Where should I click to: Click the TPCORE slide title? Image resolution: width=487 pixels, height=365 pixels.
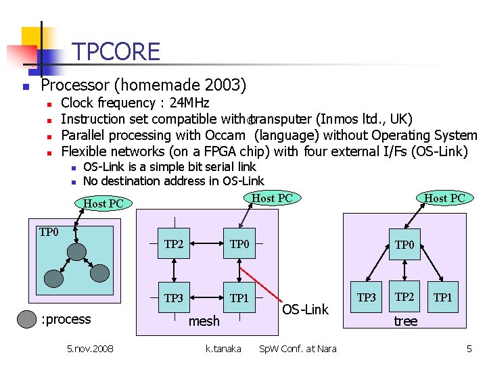(x=116, y=52)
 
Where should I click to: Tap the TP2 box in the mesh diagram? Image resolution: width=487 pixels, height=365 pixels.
(x=174, y=245)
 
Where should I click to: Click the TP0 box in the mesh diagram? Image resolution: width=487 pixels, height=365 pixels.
(x=240, y=245)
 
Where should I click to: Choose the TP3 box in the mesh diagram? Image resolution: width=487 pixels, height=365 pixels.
(x=174, y=298)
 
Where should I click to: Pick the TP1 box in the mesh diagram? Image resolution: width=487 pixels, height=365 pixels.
(x=240, y=298)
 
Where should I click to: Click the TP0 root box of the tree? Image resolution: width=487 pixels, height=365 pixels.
(x=404, y=245)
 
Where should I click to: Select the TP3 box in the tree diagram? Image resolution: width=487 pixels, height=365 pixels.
(x=367, y=297)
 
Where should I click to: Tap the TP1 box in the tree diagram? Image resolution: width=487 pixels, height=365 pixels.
(x=443, y=297)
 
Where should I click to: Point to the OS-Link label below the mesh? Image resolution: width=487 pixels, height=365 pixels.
(x=305, y=310)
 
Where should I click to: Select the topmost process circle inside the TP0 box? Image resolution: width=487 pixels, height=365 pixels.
(x=77, y=251)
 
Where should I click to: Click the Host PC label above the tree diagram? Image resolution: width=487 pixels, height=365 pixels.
(x=444, y=198)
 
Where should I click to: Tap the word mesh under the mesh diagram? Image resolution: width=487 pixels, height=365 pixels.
(x=204, y=322)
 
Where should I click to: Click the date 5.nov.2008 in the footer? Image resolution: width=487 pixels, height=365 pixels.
(x=90, y=349)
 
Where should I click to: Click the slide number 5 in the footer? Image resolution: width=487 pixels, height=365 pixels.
(x=469, y=349)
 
